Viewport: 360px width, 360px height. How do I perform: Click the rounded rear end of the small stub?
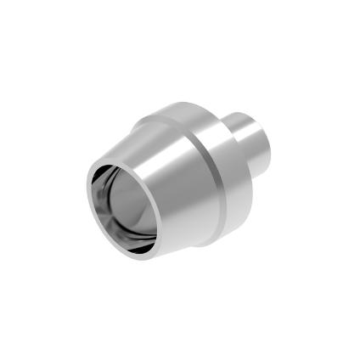point(270,136)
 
